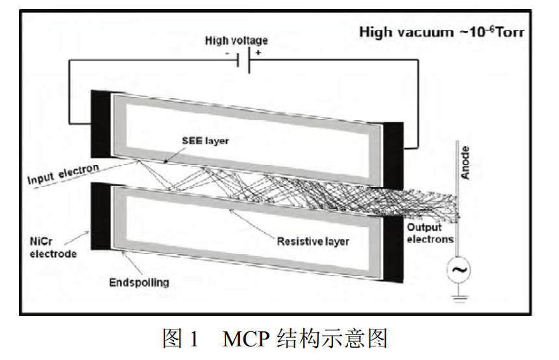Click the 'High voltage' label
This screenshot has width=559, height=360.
pos(236,40)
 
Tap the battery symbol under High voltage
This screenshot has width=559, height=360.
pos(243,61)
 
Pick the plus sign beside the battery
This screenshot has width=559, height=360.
pos(258,53)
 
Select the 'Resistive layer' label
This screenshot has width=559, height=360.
pos(313,242)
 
